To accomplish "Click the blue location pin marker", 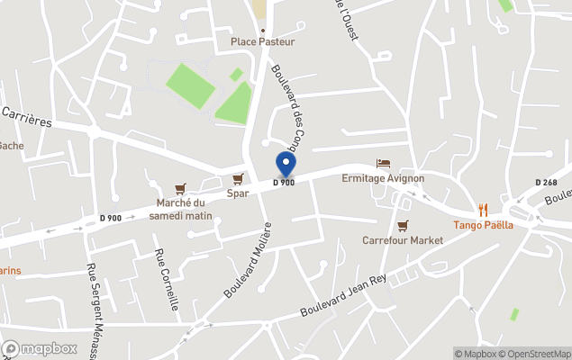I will (286, 165).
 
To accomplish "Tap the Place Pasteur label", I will (262, 41).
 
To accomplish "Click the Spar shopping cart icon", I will (238, 179).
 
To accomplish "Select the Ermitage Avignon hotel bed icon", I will (383, 164).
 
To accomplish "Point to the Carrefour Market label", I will (403, 240).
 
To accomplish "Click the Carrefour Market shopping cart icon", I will (403, 226).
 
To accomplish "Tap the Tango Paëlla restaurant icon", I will (483, 210).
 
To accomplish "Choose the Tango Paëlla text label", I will (483, 225).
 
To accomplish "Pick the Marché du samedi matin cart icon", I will (181, 188).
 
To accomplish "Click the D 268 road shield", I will (546, 182).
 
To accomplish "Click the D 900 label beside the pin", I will (284, 183).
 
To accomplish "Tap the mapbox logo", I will (41, 348).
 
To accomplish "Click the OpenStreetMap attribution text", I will (537, 354).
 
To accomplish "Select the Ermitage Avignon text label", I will (383, 178).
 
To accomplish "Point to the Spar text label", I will (238, 193).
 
